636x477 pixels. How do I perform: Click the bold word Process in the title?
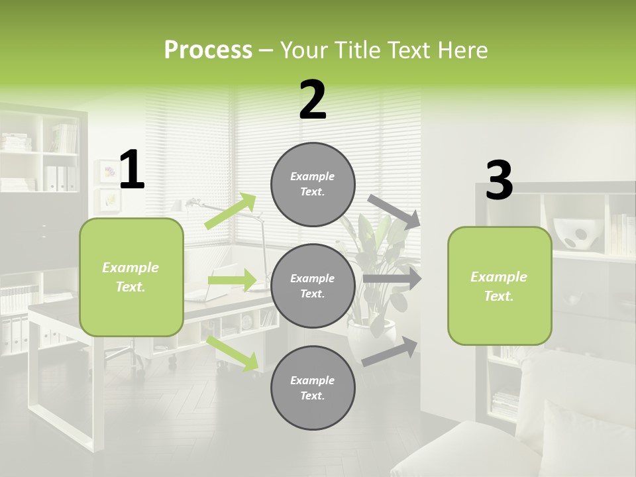[208, 50]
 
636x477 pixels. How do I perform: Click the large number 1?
[132, 170]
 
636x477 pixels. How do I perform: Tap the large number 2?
[313, 101]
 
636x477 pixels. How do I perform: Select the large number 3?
[499, 181]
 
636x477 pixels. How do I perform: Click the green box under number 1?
[131, 277]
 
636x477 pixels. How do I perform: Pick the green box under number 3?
[500, 286]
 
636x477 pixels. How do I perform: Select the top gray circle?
[313, 184]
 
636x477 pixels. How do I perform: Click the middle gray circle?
[313, 286]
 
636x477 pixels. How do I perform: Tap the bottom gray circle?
[313, 388]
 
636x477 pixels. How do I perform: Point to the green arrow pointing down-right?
[233, 353]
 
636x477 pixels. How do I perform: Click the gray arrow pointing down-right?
[394, 211]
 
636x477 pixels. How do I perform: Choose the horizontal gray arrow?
[392, 279]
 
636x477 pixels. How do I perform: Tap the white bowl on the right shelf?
[574, 233]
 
